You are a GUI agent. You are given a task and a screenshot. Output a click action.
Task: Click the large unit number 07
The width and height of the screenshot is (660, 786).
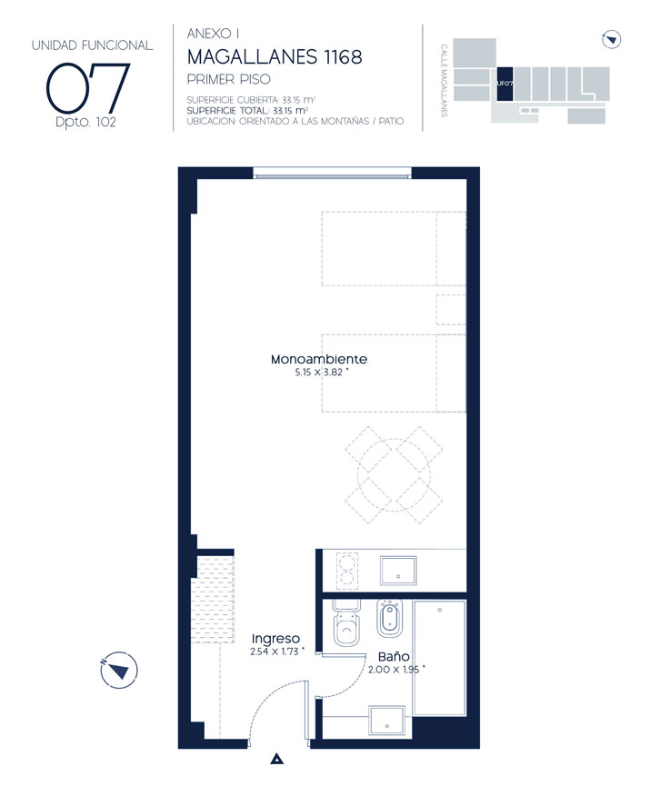tap(88, 88)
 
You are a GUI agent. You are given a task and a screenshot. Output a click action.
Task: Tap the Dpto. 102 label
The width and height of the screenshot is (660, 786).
tap(85, 123)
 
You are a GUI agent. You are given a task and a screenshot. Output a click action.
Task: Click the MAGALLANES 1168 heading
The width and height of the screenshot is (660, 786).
tap(275, 57)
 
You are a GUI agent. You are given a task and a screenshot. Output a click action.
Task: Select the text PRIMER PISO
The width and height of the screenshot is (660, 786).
tap(229, 79)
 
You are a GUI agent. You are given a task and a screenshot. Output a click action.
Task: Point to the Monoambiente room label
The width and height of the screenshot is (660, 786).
tap(319, 359)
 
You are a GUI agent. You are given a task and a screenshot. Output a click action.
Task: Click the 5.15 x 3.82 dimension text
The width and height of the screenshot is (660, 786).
tap(319, 372)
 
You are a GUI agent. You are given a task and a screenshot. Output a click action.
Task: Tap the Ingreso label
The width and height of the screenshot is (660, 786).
tap(275, 639)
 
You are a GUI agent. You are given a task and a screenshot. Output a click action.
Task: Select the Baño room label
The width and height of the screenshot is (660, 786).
tap(394, 656)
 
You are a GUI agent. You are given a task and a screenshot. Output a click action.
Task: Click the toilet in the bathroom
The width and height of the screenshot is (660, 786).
tap(346, 622)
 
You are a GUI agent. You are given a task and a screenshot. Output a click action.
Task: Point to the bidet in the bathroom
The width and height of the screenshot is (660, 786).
tap(390, 618)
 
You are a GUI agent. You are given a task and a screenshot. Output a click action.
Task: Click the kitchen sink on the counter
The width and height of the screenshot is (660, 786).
tap(398, 571)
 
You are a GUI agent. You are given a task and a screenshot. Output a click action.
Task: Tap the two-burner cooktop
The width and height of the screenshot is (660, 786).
tap(347, 570)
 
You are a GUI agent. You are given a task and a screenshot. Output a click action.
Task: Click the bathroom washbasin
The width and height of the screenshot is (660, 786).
tap(386, 721)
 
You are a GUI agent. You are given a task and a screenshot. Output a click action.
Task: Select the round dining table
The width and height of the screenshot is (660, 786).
tap(394, 474)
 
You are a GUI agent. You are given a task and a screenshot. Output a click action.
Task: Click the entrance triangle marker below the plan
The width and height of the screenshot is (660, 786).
tap(277, 759)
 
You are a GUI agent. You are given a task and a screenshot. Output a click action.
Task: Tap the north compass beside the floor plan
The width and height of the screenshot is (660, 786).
tap(119, 670)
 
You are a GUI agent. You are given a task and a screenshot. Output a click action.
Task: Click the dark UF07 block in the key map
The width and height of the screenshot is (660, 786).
tap(505, 84)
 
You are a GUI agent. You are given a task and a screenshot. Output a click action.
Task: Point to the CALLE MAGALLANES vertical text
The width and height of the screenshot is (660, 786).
tap(444, 81)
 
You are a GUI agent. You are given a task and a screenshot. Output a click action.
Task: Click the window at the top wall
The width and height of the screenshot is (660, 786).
tap(332, 174)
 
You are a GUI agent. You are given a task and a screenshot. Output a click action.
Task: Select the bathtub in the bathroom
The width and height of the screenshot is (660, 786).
tap(440, 658)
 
